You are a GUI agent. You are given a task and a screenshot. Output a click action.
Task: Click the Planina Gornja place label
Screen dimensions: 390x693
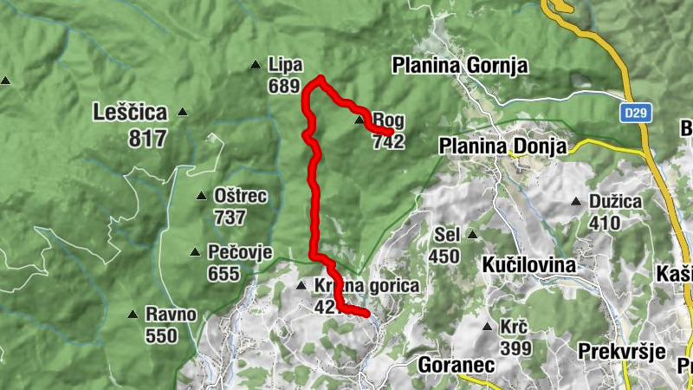(x=459, y=65)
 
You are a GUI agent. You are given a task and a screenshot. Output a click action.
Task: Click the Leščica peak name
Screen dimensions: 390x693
(x=129, y=112)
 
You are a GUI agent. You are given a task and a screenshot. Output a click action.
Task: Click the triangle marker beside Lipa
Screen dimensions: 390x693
(x=255, y=64)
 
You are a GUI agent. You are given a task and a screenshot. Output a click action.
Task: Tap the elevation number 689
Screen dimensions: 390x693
(x=284, y=86)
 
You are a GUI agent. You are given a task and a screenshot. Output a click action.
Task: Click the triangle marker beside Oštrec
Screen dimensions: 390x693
(x=201, y=196)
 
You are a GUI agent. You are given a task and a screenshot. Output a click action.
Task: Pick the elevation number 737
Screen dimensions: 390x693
(x=230, y=218)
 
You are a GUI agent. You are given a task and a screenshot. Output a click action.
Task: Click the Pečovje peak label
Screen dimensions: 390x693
(x=240, y=252)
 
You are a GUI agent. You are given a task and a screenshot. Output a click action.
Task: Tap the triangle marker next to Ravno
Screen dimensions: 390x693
(x=132, y=315)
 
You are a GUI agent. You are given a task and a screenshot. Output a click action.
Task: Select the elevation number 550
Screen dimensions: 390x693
(x=161, y=335)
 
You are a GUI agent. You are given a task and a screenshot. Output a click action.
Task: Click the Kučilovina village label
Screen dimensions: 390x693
(x=528, y=263)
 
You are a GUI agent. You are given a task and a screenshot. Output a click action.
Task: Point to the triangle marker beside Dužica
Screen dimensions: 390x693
(x=575, y=202)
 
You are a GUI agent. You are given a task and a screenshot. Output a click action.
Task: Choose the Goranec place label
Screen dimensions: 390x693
(x=456, y=365)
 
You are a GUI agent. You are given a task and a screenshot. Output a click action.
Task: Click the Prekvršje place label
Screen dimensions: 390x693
(x=621, y=351)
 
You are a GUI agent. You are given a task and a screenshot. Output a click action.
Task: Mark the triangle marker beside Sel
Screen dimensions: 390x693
(x=472, y=234)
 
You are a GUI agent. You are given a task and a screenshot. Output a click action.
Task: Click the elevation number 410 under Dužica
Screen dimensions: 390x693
(x=605, y=223)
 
